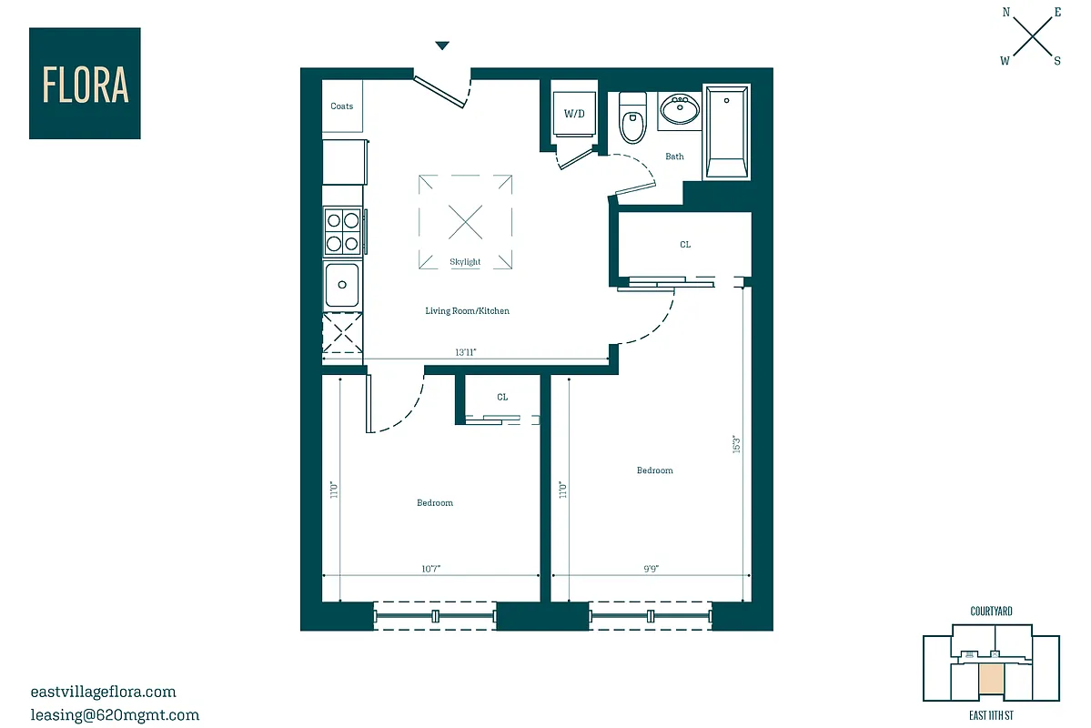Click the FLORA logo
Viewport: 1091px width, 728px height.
tap(85, 84)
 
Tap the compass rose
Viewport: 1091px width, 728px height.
tap(1032, 37)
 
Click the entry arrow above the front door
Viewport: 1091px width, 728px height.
tap(442, 45)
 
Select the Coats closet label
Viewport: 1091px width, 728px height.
tap(342, 106)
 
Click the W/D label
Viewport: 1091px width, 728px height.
tap(574, 115)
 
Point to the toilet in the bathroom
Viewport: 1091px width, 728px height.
tap(631, 119)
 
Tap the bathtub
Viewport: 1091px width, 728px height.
tap(727, 133)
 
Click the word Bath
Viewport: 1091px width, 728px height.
tap(674, 157)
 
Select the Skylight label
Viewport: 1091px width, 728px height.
tap(465, 262)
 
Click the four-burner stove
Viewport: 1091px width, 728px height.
tap(343, 231)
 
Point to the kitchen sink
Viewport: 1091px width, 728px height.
tap(342, 285)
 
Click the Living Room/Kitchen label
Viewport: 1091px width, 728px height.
tap(467, 311)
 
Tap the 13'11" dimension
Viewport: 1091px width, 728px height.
tap(466, 352)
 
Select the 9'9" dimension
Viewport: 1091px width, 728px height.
tap(651, 569)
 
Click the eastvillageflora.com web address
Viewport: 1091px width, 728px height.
tap(103, 692)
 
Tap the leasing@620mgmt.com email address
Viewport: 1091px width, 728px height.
tap(115, 715)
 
